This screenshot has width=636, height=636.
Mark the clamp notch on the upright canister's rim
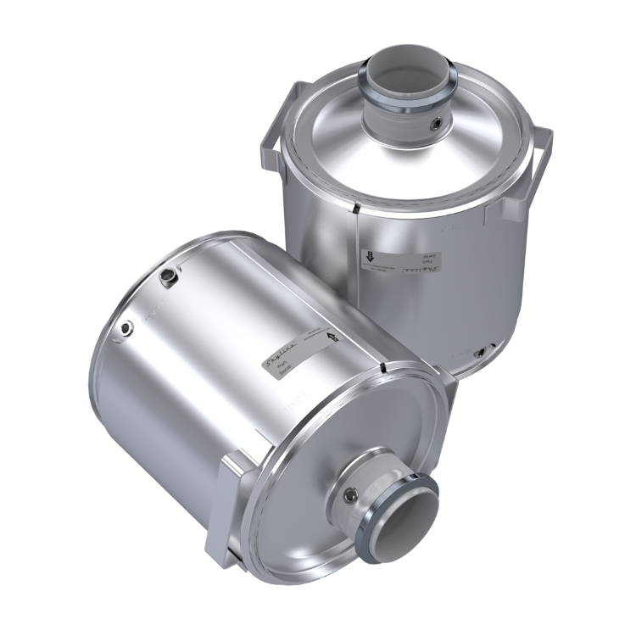coord(356,209)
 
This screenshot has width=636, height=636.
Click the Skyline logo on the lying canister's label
coord(281,349)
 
